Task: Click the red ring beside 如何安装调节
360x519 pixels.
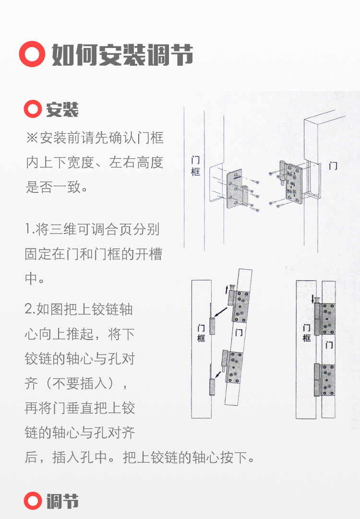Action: point(32,55)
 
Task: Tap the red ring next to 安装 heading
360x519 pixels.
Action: point(33,110)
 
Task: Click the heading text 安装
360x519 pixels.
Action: point(62,110)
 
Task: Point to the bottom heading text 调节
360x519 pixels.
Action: point(62,501)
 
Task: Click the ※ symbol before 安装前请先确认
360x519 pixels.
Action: point(32,139)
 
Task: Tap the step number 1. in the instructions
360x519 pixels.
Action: point(29,229)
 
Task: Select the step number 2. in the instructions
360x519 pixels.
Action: point(30,309)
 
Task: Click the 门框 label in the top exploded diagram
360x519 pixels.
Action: point(195,166)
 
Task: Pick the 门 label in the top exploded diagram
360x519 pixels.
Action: point(333,166)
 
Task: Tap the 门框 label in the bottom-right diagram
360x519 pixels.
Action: point(307,332)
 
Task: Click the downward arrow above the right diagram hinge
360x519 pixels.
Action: point(313,299)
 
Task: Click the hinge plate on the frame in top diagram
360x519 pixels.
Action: point(234,189)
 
